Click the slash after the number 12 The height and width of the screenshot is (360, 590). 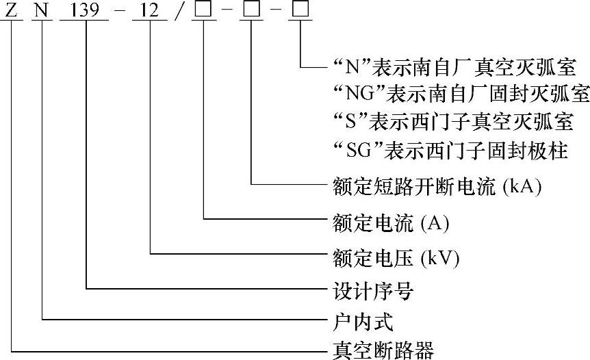click(x=177, y=12)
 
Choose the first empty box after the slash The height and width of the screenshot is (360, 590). click(x=204, y=12)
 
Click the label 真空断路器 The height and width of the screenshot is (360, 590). click(x=383, y=350)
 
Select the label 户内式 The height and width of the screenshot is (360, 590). click(x=362, y=320)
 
